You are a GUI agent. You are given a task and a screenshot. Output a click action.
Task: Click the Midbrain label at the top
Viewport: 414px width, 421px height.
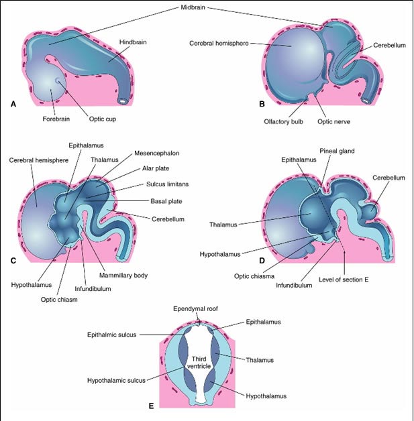[x=193, y=7]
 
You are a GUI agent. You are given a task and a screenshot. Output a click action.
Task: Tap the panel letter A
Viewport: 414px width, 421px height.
[x=13, y=104]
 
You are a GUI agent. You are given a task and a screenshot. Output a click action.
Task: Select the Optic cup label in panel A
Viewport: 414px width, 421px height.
[x=103, y=119]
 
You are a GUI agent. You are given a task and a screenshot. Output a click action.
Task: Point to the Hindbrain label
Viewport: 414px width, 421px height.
[x=133, y=42]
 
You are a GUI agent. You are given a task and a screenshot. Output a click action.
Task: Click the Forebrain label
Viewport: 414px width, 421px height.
[x=56, y=119]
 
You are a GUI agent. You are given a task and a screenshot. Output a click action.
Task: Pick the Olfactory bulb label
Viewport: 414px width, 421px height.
[x=283, y=121]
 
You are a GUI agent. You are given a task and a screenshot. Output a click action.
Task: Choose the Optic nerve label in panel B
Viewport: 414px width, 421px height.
[x=333, y=121]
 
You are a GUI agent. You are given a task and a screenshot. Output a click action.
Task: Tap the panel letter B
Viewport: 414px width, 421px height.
[x=262, y=104]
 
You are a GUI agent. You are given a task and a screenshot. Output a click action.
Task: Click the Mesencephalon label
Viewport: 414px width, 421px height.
[x=156, y=154]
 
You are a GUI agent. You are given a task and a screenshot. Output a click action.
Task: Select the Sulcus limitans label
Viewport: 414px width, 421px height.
[x=167, y=184]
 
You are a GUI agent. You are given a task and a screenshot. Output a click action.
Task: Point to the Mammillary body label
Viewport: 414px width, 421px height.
[x=123, y=276]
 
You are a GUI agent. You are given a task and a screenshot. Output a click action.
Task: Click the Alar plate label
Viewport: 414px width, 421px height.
[x=156, y=168]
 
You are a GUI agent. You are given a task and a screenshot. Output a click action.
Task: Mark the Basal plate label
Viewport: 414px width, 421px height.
[x=166, y=201]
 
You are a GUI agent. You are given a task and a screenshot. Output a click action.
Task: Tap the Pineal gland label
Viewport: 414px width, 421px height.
[x=337, y=151]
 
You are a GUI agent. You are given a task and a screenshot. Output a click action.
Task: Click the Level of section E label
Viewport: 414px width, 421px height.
[x=344, y=280]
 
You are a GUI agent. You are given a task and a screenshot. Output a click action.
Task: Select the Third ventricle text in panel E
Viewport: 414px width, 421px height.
[x=199, y=363]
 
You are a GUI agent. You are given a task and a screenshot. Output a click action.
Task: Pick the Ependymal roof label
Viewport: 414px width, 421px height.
[x=195, y=309]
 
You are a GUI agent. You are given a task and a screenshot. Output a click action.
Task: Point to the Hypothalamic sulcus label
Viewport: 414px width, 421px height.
[x=116, y=381]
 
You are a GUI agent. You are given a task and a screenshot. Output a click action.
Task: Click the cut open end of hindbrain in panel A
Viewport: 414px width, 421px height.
[x=123, y=101]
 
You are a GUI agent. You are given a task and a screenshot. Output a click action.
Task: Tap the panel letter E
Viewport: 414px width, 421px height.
[x=151, y=406]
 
